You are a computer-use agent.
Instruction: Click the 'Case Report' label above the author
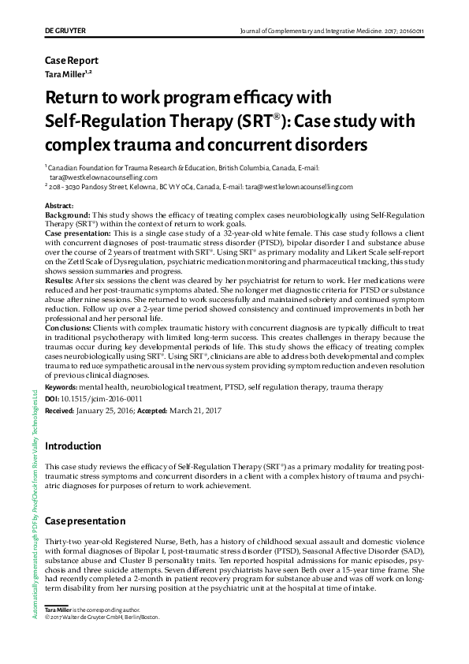coord(72,61)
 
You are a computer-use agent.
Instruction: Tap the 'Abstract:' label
coord(60,206)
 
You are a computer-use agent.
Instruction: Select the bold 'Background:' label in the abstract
coord(68,214)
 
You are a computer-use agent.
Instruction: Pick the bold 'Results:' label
coord(60,280)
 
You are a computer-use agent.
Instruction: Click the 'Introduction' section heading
coord(73,446)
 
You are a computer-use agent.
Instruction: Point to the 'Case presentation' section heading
coord(85,521)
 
